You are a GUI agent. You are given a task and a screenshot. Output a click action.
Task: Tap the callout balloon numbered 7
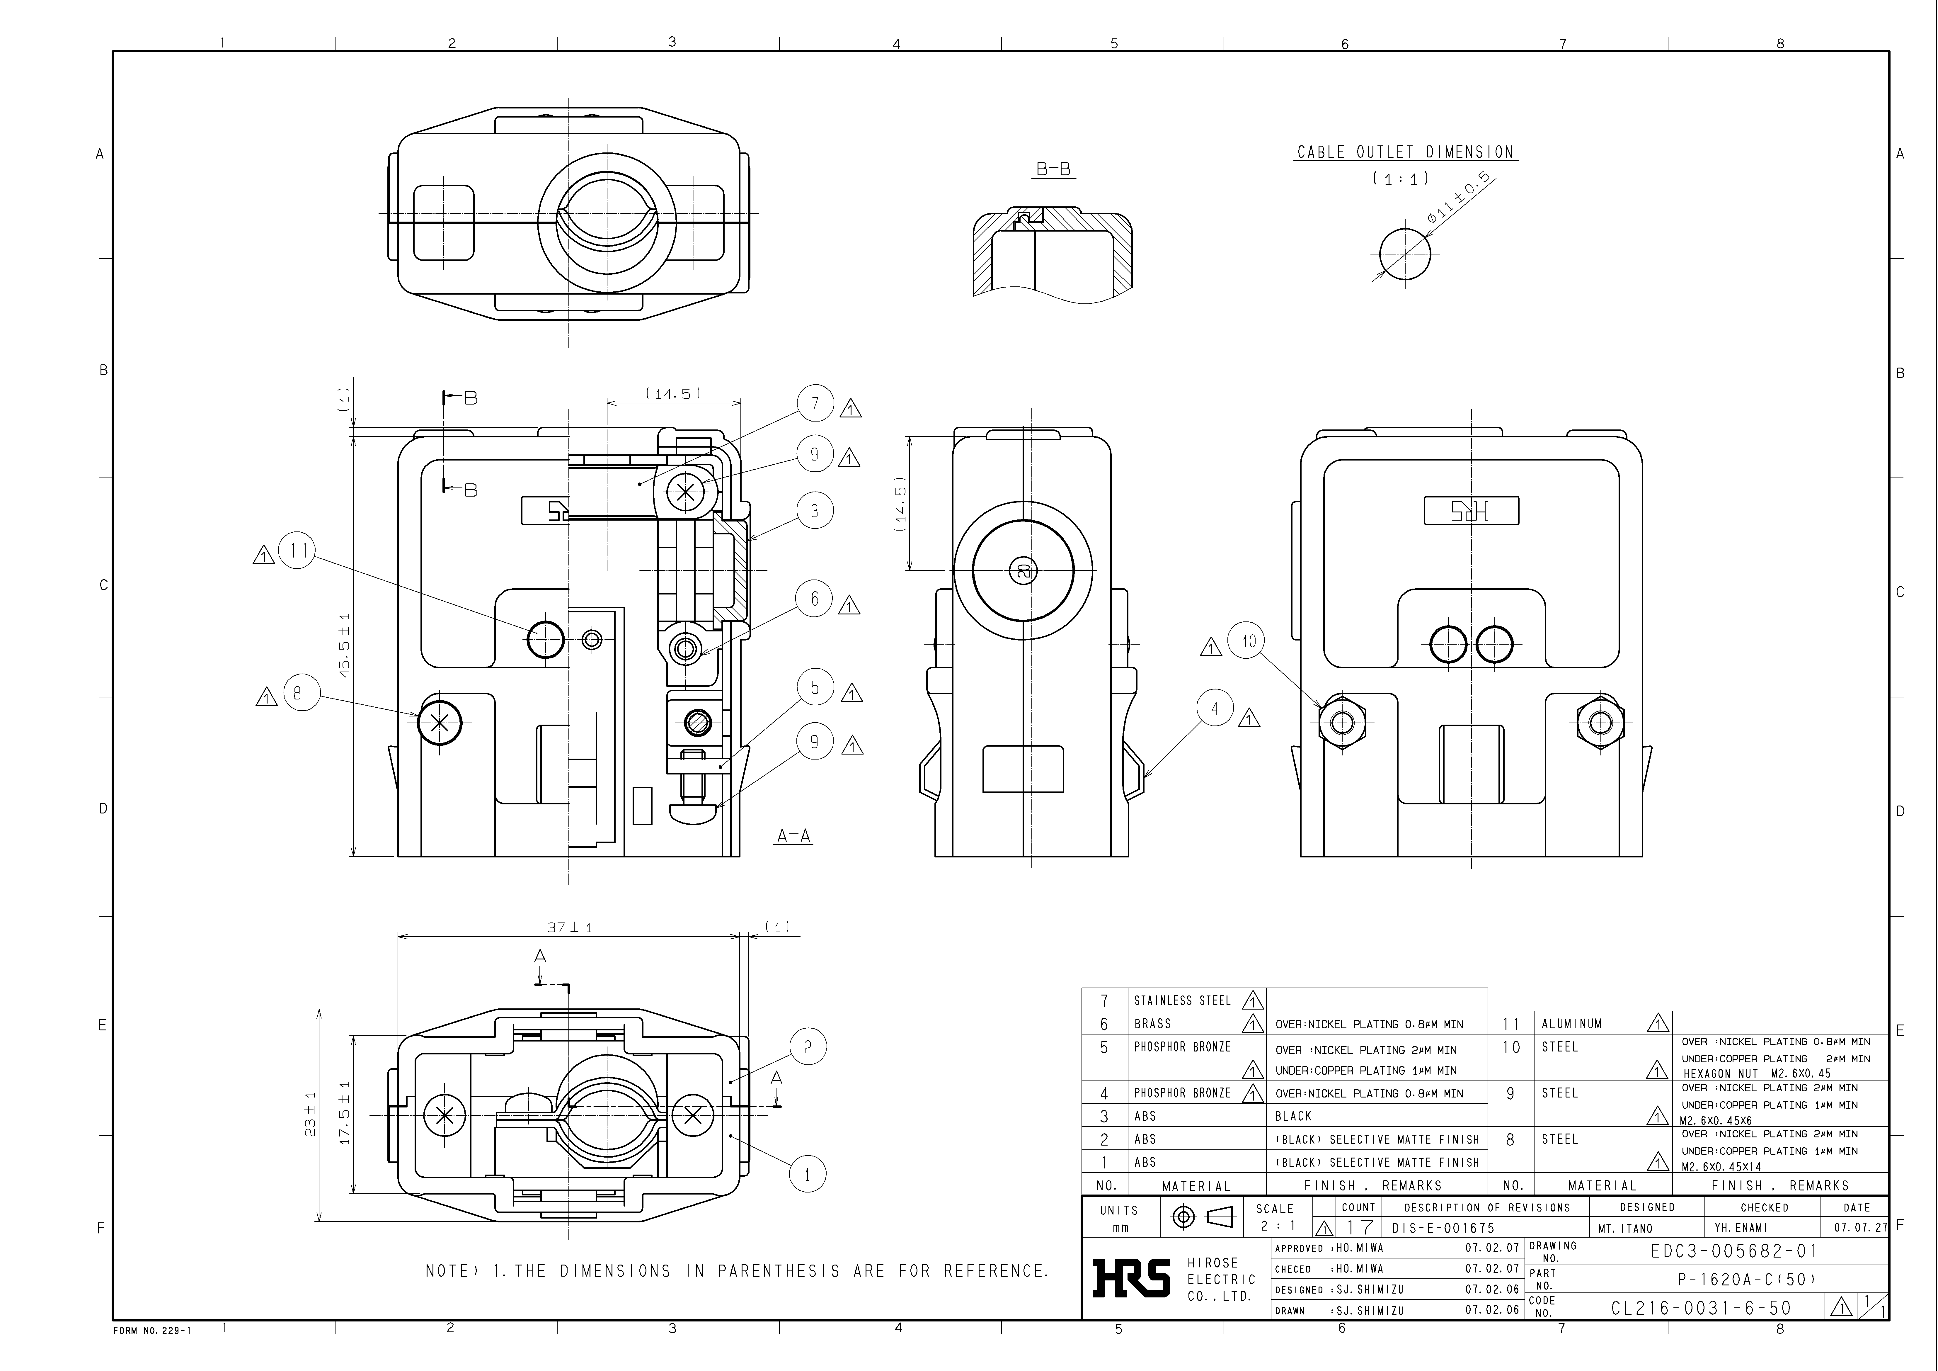coord(815,404)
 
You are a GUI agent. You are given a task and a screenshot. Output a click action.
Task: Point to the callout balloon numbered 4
coord(1215,708)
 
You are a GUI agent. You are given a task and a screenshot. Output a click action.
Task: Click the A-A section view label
coord(793,836)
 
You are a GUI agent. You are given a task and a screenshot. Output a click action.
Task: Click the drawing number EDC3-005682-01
coord(1733,1251)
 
